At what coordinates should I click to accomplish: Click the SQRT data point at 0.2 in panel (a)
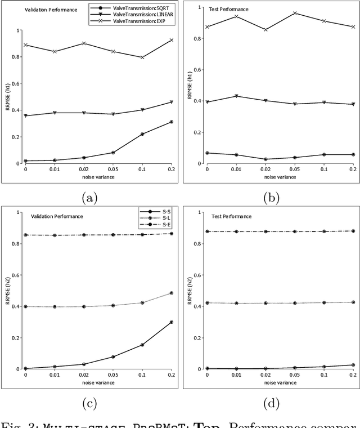[x=171, y=122]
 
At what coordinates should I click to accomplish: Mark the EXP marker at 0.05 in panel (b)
[x=295, y=13]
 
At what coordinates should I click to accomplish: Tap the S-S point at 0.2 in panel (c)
[x=171, y=322]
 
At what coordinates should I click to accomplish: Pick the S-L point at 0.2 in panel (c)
[x=171, y=293]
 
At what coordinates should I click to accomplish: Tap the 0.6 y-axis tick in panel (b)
[x=197, y=70]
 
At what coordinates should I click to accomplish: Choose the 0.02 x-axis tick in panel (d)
[x=265, y=374]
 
